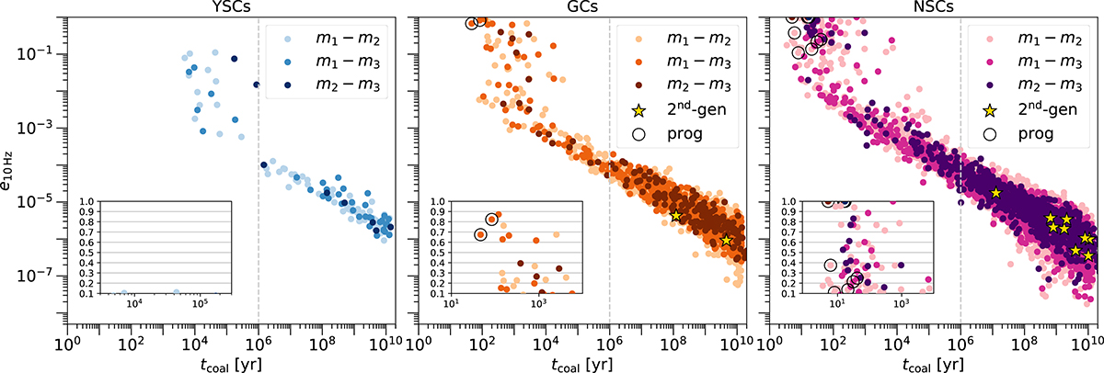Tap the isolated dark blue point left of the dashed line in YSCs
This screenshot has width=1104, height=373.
point(236,59)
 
